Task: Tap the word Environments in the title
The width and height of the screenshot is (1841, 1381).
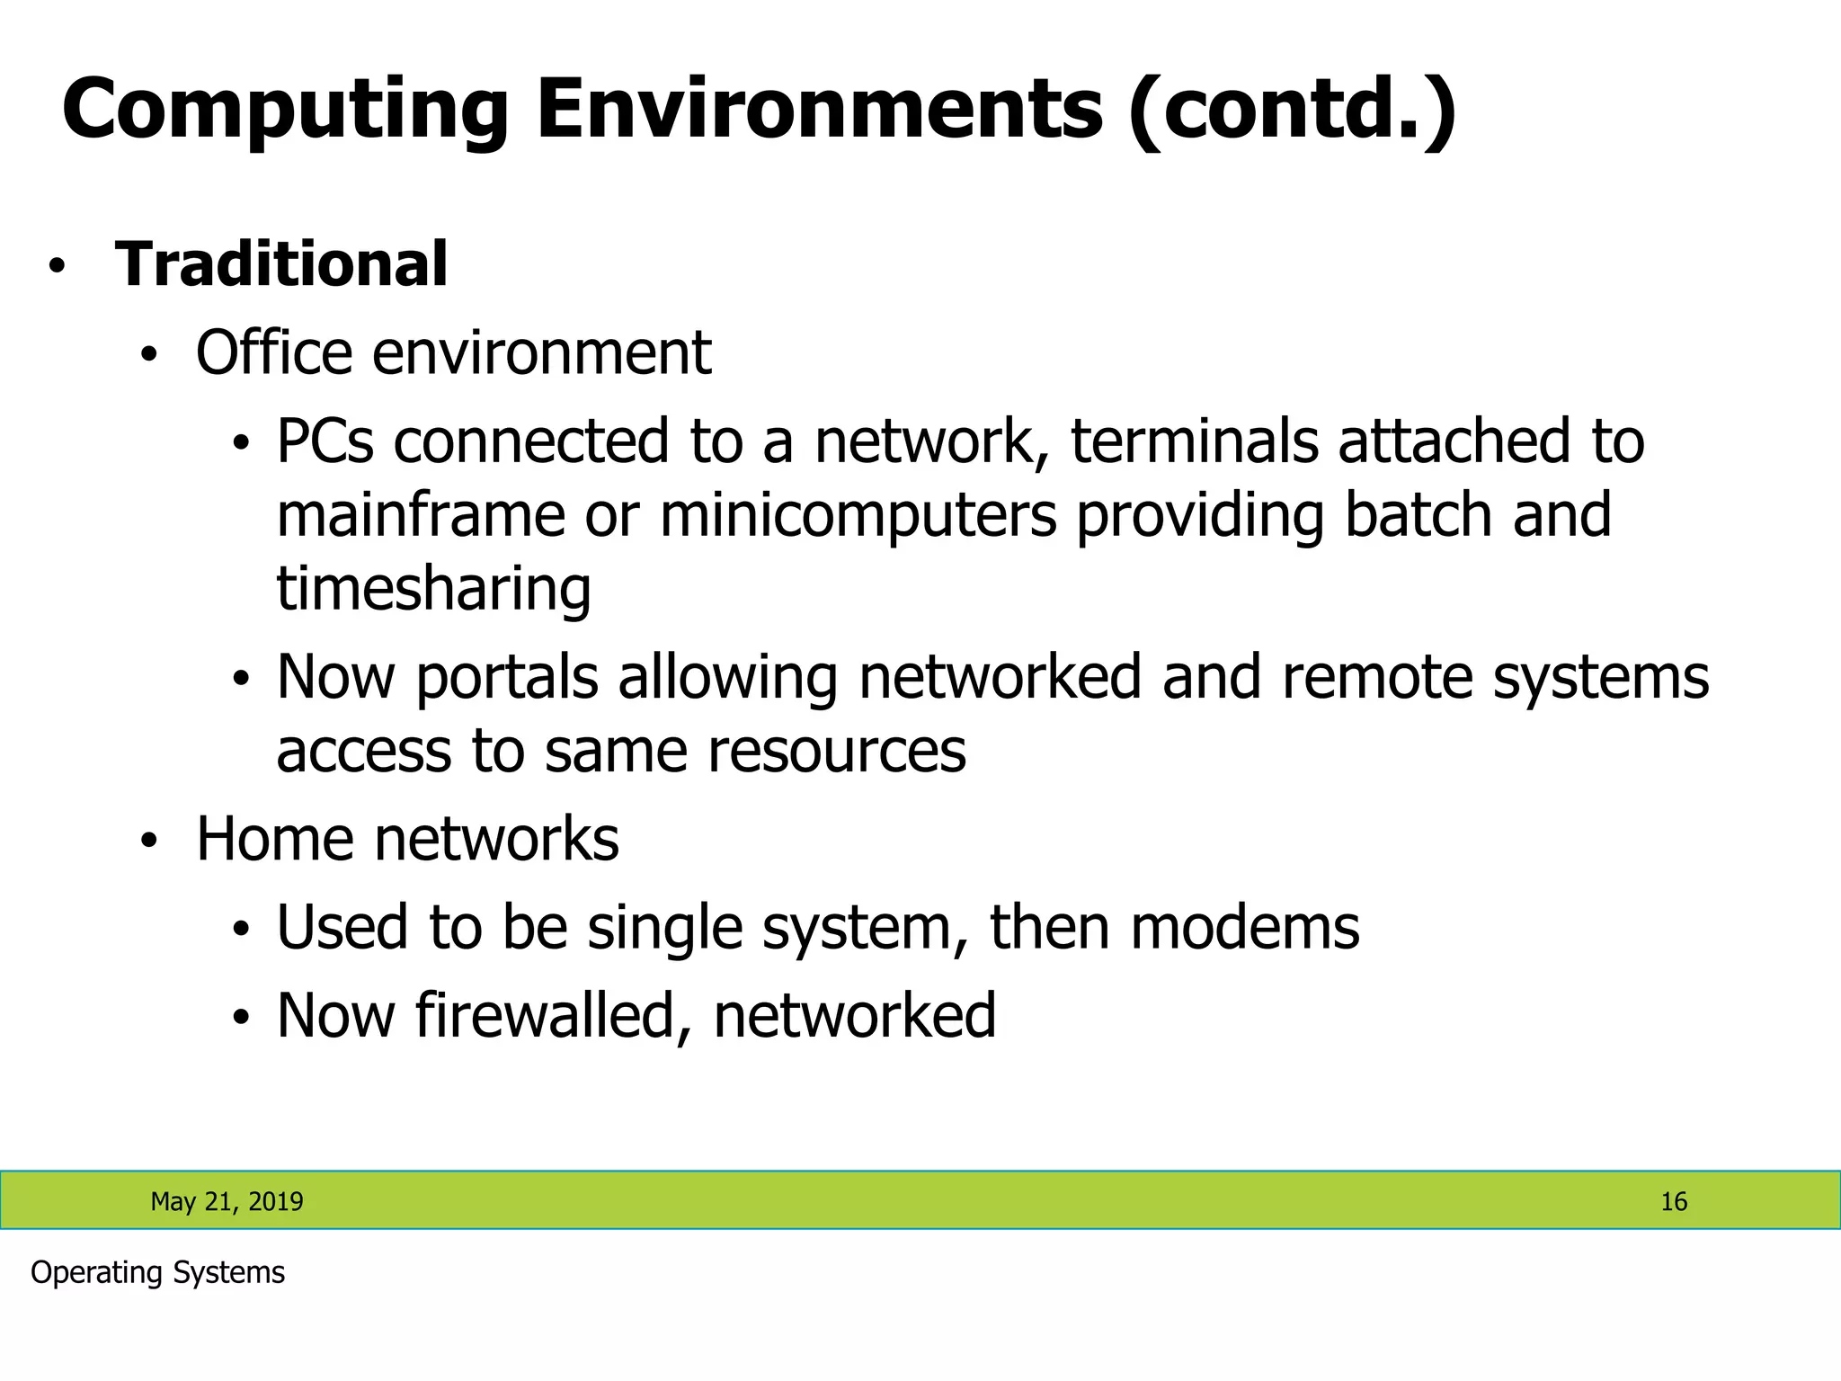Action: tap(819, 109)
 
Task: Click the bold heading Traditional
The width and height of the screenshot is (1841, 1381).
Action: tap(281, 264)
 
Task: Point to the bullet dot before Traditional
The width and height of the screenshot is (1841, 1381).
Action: tap(58, 267)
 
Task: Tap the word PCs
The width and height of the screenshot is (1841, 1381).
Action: tap(325, 441)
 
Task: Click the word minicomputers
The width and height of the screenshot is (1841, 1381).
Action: tap(858, 516)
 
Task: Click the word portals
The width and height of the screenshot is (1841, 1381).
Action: tap(507, 678)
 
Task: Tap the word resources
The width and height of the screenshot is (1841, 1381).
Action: tap(836, 751)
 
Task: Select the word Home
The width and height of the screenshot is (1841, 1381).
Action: tap(274, 839)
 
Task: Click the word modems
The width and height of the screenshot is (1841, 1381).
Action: tap(1245, 927)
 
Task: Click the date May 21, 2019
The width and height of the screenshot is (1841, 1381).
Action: tap(227, 1201)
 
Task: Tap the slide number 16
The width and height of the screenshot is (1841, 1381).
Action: tap(1673, 1201)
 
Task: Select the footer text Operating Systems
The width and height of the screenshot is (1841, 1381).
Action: tap(157, 1272)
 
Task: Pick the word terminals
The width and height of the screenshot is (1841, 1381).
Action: tap(1194, 441)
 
